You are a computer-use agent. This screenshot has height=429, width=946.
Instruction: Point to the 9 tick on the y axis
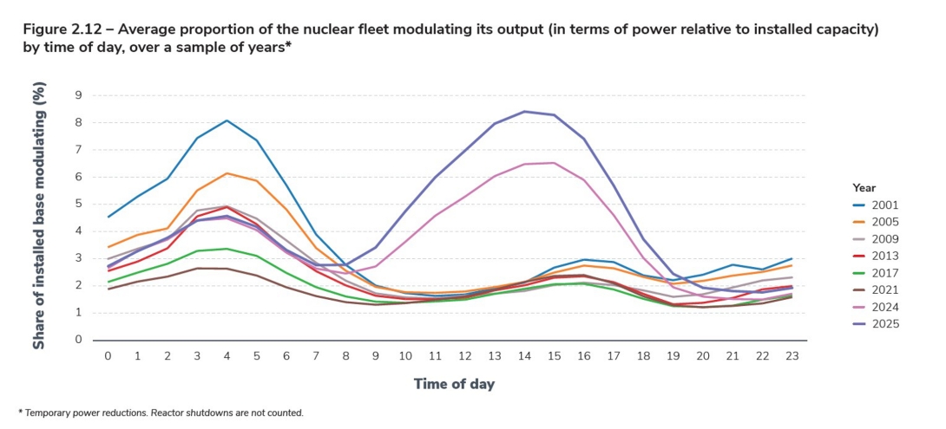point(79,95)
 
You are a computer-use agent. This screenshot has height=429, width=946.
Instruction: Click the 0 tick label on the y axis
point(79,340)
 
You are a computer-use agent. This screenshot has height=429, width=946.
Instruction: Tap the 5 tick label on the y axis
point(79,204)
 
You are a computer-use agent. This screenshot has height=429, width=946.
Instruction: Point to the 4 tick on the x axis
point(227,356)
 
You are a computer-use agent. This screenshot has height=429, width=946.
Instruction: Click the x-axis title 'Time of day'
point(456,383)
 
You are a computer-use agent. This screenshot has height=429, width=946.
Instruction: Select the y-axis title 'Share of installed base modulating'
point(40,217)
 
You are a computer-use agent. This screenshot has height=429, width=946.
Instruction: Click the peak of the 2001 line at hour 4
point(227,120)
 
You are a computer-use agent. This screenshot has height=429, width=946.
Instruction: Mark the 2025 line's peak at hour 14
point(524,111)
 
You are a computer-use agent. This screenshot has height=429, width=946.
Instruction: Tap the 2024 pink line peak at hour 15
point(554,162)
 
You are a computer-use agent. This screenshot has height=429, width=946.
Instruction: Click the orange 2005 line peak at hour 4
point(227,173)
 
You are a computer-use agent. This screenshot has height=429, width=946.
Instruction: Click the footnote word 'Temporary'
point(51,413)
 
